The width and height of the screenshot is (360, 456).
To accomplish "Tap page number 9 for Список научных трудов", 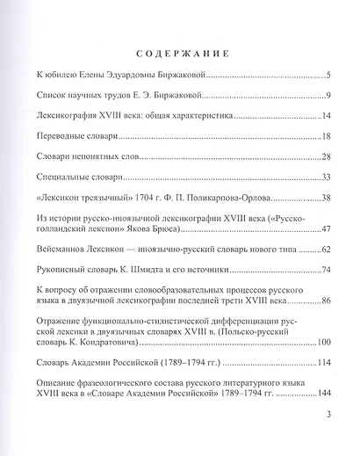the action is tap(326, 96).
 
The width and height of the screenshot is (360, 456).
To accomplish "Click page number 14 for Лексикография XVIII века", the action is tap(323, 116).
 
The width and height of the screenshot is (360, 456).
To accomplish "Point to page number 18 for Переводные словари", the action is tap(323, 136).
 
